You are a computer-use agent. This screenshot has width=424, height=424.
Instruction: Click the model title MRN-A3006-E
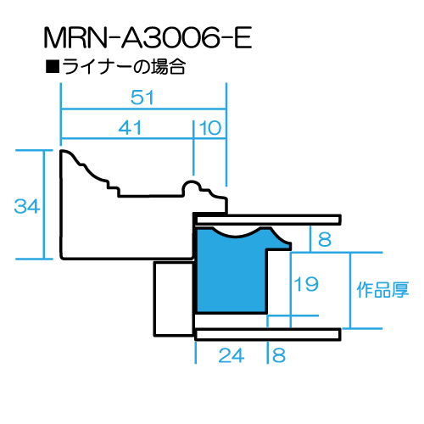point(148,37)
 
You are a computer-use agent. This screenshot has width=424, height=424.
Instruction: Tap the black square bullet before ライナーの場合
point(53,67)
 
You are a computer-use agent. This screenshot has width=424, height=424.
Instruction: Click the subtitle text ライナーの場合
point(124,67)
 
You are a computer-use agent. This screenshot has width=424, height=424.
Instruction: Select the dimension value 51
point(142,98)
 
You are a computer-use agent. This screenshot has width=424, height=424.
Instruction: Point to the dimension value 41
point(130,128)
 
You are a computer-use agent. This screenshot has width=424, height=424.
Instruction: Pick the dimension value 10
point(210,128)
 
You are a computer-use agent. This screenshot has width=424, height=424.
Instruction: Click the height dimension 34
point(27,206)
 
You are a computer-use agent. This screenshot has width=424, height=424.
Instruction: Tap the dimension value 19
point(306,284)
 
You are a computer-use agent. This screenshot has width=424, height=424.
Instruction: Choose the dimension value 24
point(232,355)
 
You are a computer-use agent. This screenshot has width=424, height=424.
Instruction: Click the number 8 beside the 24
point(279,355)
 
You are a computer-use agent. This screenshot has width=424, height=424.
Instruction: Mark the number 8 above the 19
point(325,239)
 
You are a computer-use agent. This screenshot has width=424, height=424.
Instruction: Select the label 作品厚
point(382,290)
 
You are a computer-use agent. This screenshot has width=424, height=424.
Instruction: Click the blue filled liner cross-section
point(232,271)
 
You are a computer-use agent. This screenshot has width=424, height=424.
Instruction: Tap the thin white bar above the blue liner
point(268,220)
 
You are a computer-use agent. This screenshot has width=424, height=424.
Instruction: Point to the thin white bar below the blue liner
point(268,335)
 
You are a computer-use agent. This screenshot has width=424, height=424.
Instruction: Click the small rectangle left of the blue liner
point(174,298)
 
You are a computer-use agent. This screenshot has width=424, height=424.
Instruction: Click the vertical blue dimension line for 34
point(44,204)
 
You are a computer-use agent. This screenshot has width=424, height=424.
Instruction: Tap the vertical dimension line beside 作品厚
point(350,291)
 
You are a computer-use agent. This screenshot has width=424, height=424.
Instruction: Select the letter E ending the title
point(243,37)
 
